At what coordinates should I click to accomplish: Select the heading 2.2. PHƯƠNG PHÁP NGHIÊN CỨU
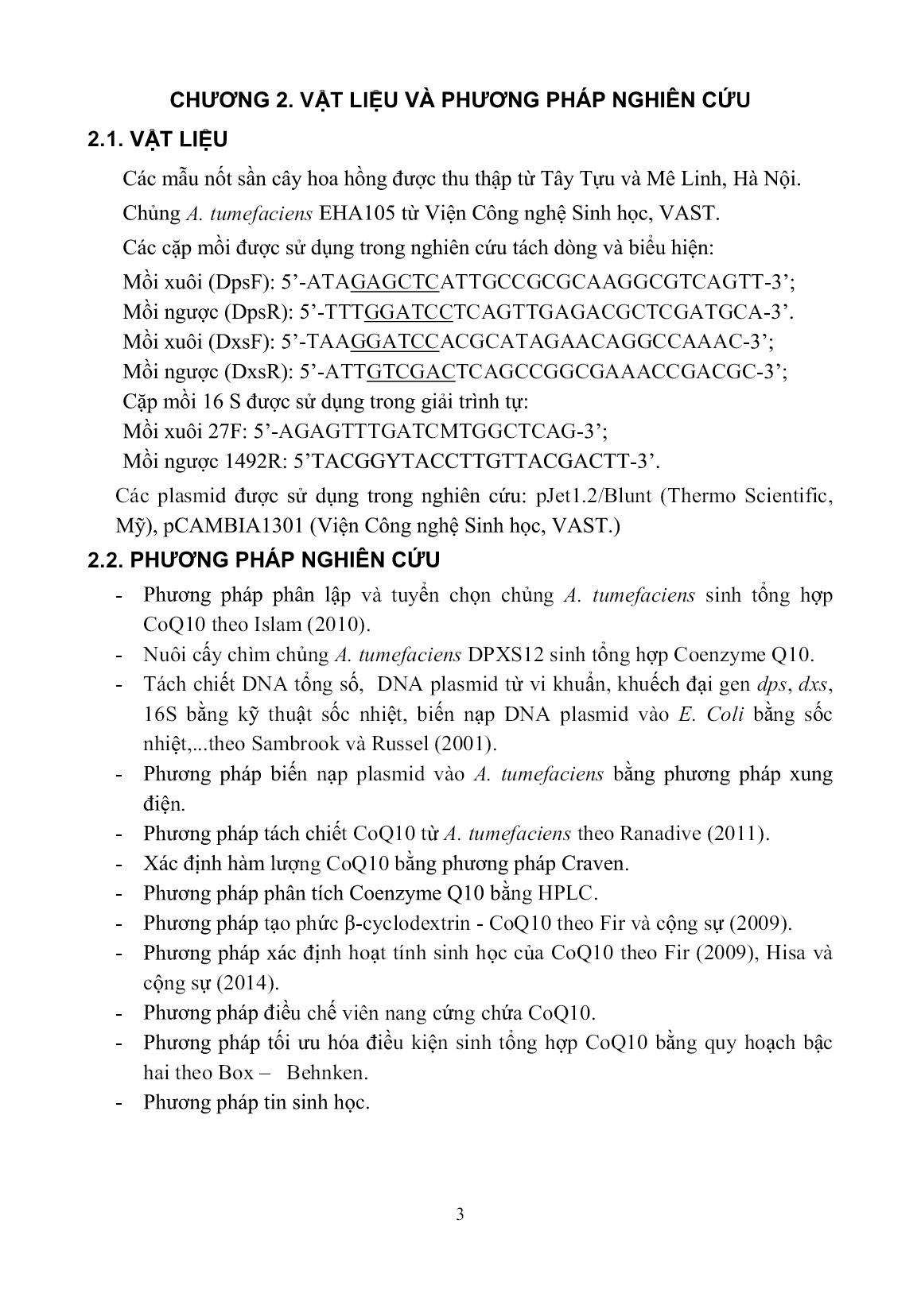pos(264,560)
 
